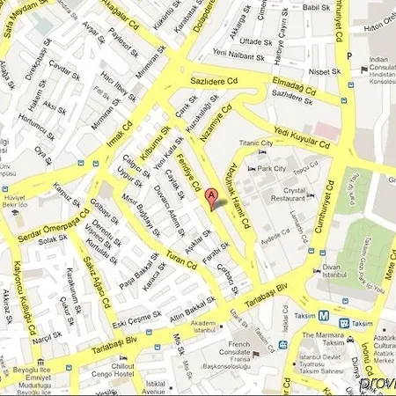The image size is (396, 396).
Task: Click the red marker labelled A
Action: (212, 198)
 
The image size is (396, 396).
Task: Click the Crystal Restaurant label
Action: (289, 195)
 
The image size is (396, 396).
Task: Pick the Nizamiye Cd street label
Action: (217, 119)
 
